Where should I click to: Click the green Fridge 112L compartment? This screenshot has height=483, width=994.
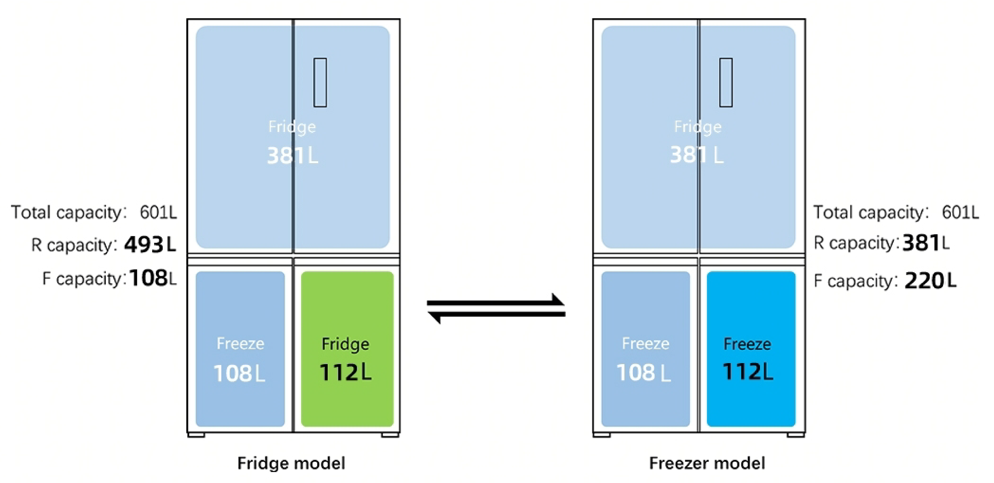pyautogui.click(x=347, y=349)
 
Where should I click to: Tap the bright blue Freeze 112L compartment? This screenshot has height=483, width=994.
pyautogui.click(x=750, y=349)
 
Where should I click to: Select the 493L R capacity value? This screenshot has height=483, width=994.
pyautogui.click(x=150, y=245)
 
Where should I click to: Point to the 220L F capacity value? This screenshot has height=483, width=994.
pyautogui.click(x=930, y=281)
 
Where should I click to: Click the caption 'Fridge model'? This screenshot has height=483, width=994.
pyautogui.click(x=291, y=463)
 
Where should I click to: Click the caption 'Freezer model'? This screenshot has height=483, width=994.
pyautogui.click(x=707, y=463)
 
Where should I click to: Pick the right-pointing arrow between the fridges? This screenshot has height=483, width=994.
pyautogui.click(x=496, y=302)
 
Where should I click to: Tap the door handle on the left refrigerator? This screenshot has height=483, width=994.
pyautogui.click(x=320, y=82)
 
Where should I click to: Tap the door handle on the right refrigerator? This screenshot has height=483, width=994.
pyautogui.click(x=726, y=82)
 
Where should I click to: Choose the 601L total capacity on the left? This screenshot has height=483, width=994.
pyautogui.click(x=158, y=212)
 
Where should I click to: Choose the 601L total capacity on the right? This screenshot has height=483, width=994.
pyautogui.click(x=960, y=212)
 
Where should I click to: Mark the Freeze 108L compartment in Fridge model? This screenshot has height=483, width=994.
pyautogui.click(x=240, y=349)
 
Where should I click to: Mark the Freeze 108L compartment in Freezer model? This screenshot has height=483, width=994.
pyautogui.click(x=645, y=349)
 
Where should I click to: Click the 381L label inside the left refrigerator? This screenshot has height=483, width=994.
pyautogui.click(x=292, y=155)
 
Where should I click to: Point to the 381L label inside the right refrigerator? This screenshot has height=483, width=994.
pyautogui.click(x=697, y=155)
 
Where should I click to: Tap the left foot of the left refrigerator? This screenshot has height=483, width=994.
pyautogui.click(x=196, y=435)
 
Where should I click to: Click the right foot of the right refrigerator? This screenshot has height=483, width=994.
pyautogui.click(x=796, y=435)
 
